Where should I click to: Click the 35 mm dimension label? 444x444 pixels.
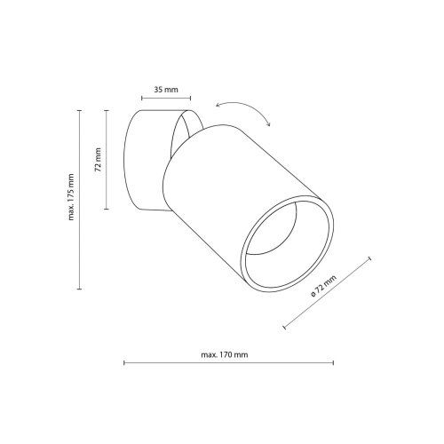166,89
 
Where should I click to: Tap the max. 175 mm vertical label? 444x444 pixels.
71,197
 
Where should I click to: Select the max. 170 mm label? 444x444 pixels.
225,354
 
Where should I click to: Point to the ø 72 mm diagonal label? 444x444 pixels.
323,286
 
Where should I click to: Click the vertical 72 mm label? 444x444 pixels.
98,160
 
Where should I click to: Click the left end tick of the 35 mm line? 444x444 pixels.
142,99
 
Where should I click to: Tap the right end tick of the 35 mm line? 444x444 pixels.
190,99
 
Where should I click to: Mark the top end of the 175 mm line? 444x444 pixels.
79,110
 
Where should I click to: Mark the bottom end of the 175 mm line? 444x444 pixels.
79,289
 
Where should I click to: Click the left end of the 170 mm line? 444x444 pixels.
124,363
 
